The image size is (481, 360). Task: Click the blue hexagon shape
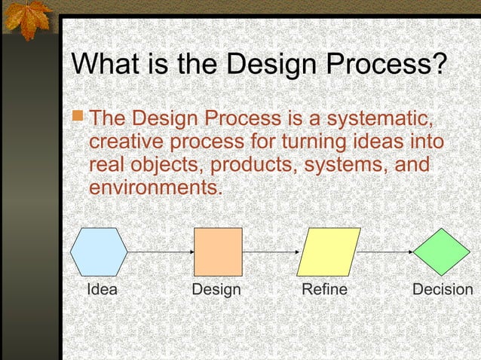tap(100, 252)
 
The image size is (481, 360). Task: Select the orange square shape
tap(218, 252)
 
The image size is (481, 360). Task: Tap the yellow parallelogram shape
tap(329, 252)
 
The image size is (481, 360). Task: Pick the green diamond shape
tap(442, 252)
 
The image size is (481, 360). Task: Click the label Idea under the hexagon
tap(103, 290)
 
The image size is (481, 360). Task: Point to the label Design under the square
tap(216, 290)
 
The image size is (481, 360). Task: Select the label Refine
tap(324, 290)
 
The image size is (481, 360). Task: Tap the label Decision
tap(443, 290)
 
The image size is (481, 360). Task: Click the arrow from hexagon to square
tap(161, 252)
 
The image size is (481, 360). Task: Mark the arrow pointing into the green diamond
tap(386, 252)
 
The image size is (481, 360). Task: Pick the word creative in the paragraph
tap(129, 142)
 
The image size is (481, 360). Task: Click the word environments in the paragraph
tap(155, 186)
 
